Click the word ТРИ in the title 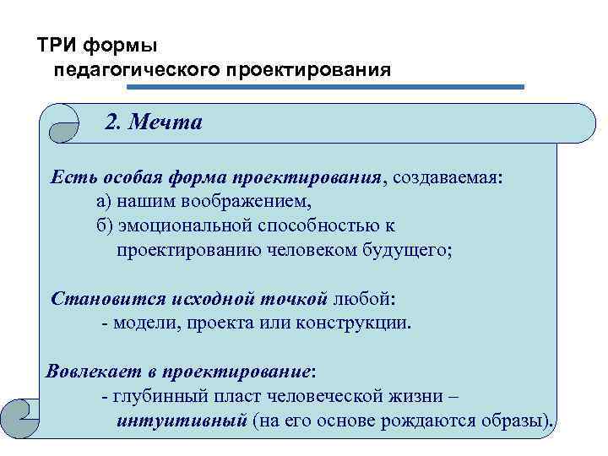pyautogui.click(x=57, y=44)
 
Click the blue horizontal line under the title pyautogui.click(x=325, y=86)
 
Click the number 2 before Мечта pyautogui.click(x=111, y=123)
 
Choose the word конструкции pyautogui.click(x=355, y=323)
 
